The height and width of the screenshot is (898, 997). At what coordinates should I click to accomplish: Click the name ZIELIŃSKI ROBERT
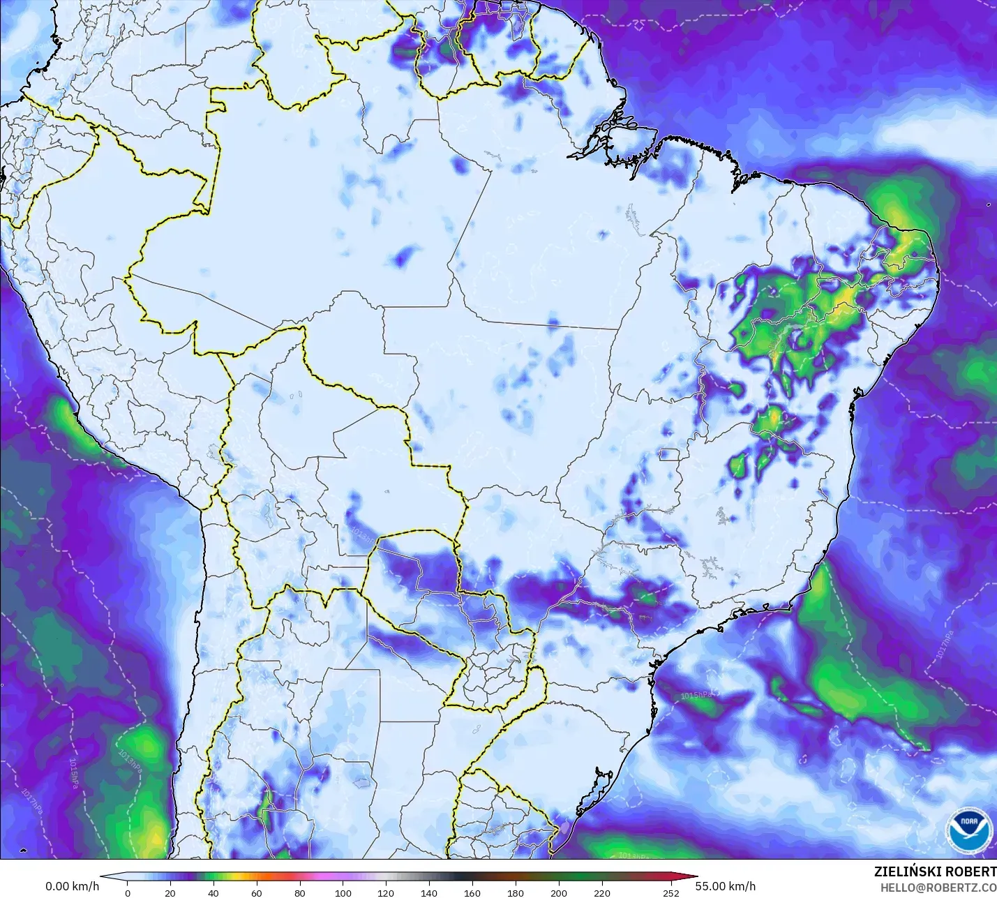click(935, 871)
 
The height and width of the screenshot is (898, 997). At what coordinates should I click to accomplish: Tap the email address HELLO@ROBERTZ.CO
click(938, 888)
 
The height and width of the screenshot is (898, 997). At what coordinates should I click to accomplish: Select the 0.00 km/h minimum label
click(73, 886)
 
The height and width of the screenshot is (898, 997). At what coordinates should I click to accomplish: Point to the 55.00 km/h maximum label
click(725, 886)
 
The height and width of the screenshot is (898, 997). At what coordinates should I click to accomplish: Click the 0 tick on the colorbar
click(127, 892)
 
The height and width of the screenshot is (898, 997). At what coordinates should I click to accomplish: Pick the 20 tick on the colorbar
click(170, 892)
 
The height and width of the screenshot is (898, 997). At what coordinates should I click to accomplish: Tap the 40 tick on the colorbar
click(213, 892)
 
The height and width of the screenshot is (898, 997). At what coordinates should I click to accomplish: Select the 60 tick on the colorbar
click(257, 892)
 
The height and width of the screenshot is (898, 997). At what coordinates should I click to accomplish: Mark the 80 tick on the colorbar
click(300, 892)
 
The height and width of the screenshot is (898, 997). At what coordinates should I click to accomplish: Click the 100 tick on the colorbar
click(343, 892)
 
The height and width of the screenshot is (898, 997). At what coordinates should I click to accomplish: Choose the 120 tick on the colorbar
click(386, 892)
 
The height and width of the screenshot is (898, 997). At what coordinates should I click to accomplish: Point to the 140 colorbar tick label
click(429, 892)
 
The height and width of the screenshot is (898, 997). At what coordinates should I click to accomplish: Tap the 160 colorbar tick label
click(472, 892)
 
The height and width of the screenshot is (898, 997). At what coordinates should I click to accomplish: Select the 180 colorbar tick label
click(516, 892)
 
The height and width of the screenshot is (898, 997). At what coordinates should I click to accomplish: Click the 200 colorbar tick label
click(559, 892)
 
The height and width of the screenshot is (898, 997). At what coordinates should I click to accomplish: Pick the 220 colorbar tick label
click(602, 892)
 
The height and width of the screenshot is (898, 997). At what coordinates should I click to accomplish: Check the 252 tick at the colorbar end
click(670, 892)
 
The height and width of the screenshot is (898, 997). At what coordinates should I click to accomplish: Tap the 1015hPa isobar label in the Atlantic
click(696, 695)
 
